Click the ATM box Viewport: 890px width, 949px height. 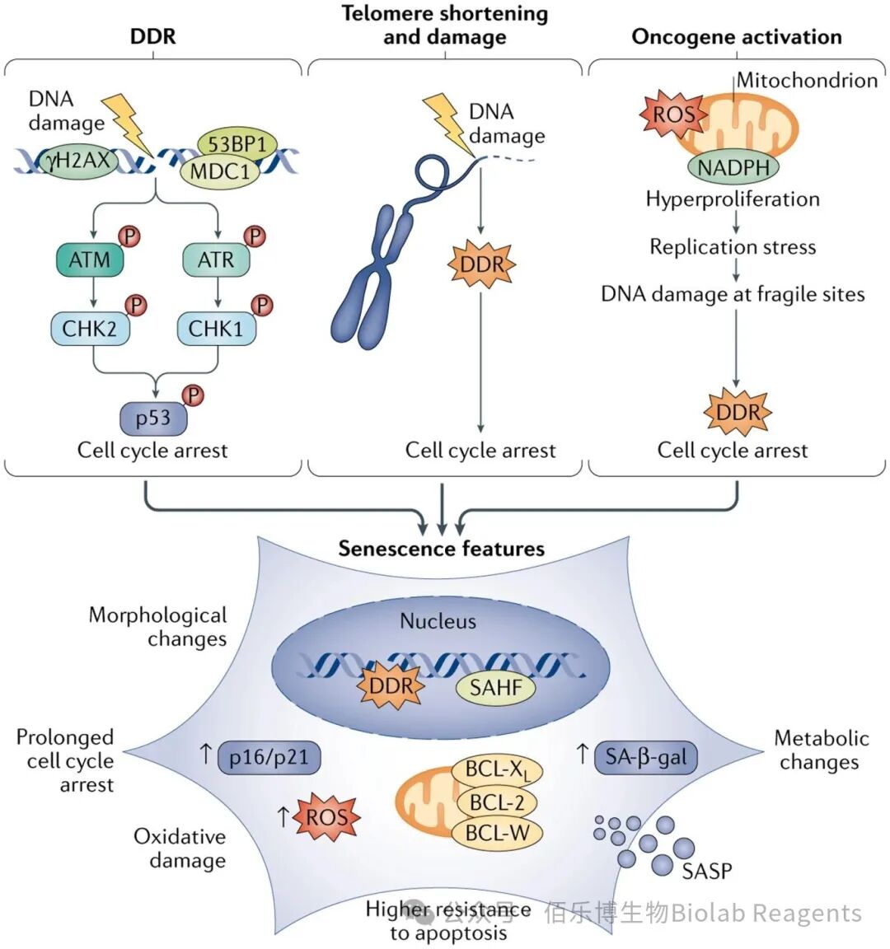click(90, 259)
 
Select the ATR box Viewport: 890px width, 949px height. click(216, 259)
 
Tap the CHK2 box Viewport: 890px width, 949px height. click(90, 329)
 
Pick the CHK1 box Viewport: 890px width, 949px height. click(216, 329)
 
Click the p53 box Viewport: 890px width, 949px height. click(154, 418)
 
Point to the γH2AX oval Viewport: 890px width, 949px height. click(76, 161)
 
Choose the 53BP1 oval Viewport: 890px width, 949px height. click(237, 144)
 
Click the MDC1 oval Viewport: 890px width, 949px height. click(220, 171)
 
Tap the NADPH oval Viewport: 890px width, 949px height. click(733, 168)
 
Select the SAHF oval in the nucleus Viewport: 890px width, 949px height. click(495, 688)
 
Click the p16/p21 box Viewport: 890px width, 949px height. click(268, 757)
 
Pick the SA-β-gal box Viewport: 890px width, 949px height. click(646, 757)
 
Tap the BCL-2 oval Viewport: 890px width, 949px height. click(496, 802)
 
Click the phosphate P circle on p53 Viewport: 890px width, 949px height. click(193, 395)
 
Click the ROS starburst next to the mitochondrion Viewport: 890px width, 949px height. click(673, 113)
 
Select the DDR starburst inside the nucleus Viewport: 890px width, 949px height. click(391, 685)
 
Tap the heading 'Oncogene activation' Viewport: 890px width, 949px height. click(736, 37)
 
